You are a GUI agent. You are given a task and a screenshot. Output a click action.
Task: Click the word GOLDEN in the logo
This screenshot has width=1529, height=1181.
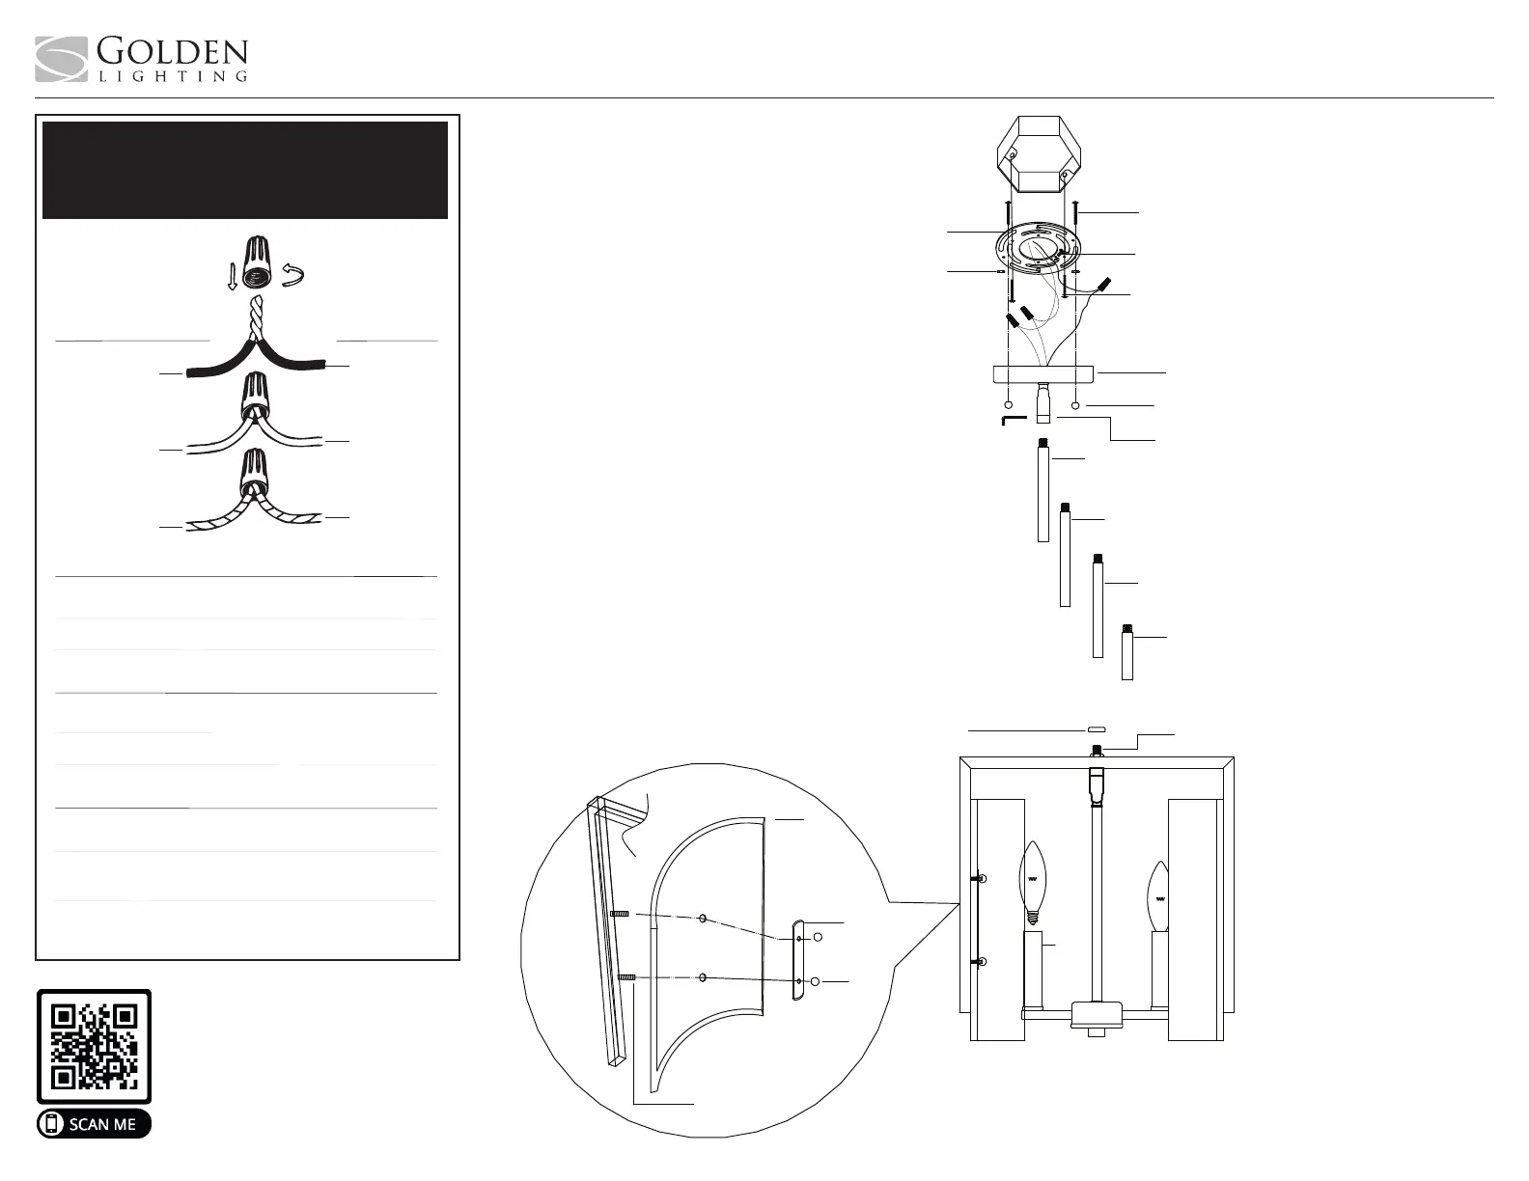172,52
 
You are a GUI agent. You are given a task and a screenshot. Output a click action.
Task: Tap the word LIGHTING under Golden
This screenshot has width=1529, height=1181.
173,76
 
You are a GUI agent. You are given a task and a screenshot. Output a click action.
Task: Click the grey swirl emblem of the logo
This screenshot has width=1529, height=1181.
61,59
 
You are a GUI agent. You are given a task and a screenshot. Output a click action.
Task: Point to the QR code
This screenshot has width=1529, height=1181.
95,1047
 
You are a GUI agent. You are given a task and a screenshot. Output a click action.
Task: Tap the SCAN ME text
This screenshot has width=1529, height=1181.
102,1125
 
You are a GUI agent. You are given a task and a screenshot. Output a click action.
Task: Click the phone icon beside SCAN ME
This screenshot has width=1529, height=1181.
51,1124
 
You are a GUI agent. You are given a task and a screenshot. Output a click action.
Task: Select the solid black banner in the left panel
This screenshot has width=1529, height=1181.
245,170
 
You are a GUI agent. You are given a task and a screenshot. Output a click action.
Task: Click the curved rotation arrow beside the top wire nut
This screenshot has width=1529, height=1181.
293,276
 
